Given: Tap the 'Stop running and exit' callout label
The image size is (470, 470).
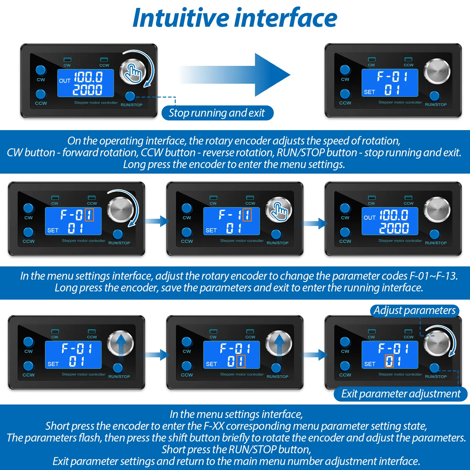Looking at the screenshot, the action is (217, 113).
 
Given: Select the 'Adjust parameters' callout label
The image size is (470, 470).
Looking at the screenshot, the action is (414, 310).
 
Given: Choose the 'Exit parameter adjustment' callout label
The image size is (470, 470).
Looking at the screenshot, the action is (400, 394).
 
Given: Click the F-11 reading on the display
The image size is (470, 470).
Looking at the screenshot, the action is (235, 215).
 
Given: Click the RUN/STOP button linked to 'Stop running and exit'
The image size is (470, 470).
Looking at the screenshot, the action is (130, 96).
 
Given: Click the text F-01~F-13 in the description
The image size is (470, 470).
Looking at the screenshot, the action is (434, 276).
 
